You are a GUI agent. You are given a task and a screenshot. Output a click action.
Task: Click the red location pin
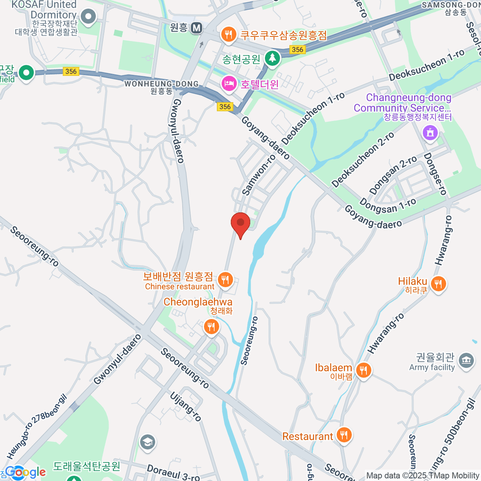coord(240,223)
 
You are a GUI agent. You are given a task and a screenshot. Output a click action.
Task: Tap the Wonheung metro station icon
coord(196,28)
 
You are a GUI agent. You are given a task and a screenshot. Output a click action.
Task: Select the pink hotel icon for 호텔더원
coord(228,84)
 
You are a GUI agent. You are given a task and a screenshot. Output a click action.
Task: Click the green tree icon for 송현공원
coord(273,59)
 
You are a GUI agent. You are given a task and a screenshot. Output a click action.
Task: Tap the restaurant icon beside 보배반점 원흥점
coord(225,280)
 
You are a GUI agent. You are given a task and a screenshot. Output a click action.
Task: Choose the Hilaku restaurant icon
coord(438,284)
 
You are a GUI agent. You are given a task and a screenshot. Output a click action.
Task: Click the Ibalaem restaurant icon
coord(363,370)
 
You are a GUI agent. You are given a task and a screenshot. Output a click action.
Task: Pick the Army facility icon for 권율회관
coord(465,360)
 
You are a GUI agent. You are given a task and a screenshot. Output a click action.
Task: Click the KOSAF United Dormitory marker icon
coord(88,17)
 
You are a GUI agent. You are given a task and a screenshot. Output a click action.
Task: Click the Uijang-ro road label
coord(185,406)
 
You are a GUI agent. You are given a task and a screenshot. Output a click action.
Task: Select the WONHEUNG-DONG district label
coord(162,84)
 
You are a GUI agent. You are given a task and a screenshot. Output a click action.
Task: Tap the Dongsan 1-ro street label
coord(388,206)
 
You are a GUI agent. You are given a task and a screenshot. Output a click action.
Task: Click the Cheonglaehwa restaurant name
coord(198,302)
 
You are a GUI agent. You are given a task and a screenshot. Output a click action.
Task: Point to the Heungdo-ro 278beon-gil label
coord(36,426)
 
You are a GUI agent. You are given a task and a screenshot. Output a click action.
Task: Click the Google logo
coord(26,472)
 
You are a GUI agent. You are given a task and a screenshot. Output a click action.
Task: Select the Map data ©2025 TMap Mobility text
coord(422,475)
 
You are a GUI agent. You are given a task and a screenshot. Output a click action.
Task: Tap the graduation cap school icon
coord(148,442)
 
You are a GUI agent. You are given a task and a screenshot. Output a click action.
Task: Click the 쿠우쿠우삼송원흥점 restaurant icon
coord(228,34)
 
